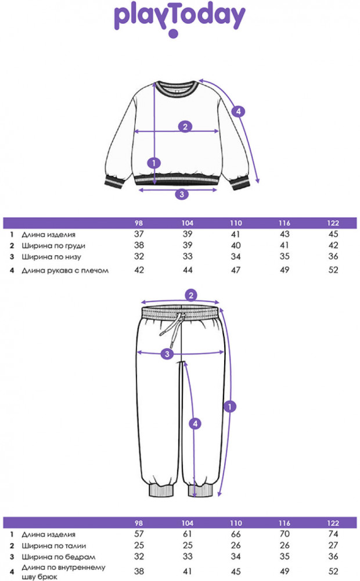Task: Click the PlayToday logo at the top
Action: (179, 19)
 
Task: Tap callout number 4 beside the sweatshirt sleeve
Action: (236, 112)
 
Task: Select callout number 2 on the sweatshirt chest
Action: (185, 127)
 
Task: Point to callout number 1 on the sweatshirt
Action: (154, 163)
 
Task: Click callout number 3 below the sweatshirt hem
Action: (182, 194)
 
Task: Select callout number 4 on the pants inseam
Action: (196, 425)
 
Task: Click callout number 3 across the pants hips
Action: (167, 354)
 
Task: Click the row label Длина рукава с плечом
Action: (65, 270)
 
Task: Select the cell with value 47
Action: (235, 270)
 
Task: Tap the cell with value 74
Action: (333, 534)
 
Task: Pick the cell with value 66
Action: (235, 534)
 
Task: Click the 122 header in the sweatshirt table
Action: (333, 223)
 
